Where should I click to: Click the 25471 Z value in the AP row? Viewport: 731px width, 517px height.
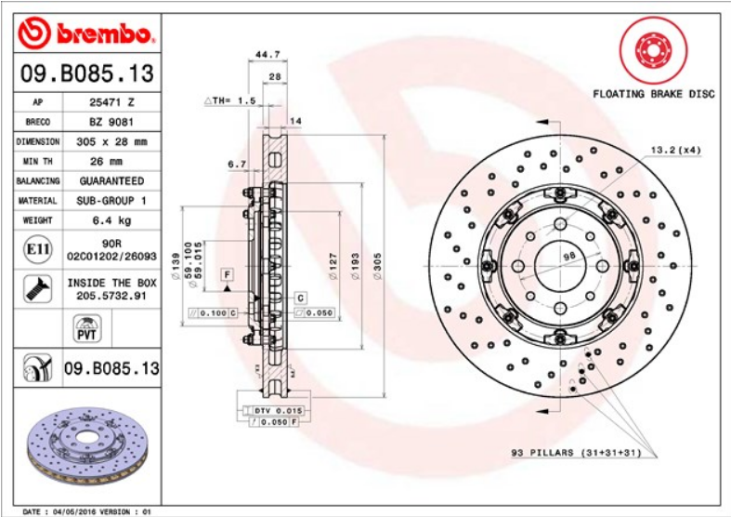pyautogui.click(x=111, y=102)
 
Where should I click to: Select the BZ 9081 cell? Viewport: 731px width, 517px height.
pyautogui.click(x=111, y=122)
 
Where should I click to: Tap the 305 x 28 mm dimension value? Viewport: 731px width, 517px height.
pyautogui.click(x=111, y=142)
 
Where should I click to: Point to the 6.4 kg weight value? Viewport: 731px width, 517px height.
pyautogui.click(x=111, y=220)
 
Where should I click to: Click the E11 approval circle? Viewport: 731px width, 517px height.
pyautogui.click(x=38, y=249)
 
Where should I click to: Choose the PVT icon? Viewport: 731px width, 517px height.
pyautogui.click(x=87, y=328)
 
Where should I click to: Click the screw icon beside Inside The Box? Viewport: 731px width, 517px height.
pyautogui.click(x=38, y=288)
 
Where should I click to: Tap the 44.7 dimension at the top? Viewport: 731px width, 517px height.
pyautogui.click(x=268, y=55)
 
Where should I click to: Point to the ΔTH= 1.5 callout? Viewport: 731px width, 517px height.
pyautogui.click(x=230, y=100)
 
